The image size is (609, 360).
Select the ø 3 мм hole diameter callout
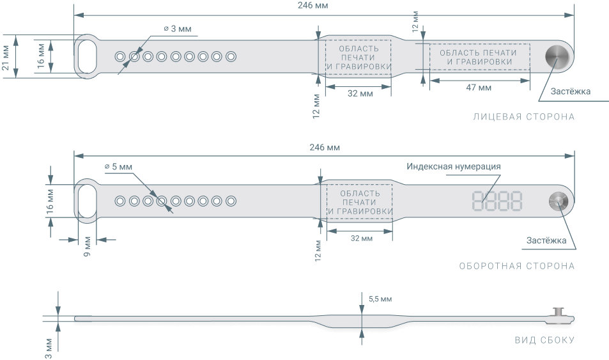(177, 29)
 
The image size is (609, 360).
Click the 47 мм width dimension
(479, 88)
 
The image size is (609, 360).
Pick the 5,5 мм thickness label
(380, 299)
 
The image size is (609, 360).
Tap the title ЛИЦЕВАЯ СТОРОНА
(523, 117)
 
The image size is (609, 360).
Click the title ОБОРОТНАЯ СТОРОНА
(516, 266)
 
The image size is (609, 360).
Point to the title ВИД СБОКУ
(544, 340)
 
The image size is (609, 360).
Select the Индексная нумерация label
(453, 166)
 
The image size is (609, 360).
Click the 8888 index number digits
(497, 201)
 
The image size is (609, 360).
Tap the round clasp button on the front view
(557, 56)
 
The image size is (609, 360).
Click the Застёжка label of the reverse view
(546, 241)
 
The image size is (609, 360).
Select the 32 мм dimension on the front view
(360, 94)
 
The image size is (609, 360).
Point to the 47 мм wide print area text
(479, 56)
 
